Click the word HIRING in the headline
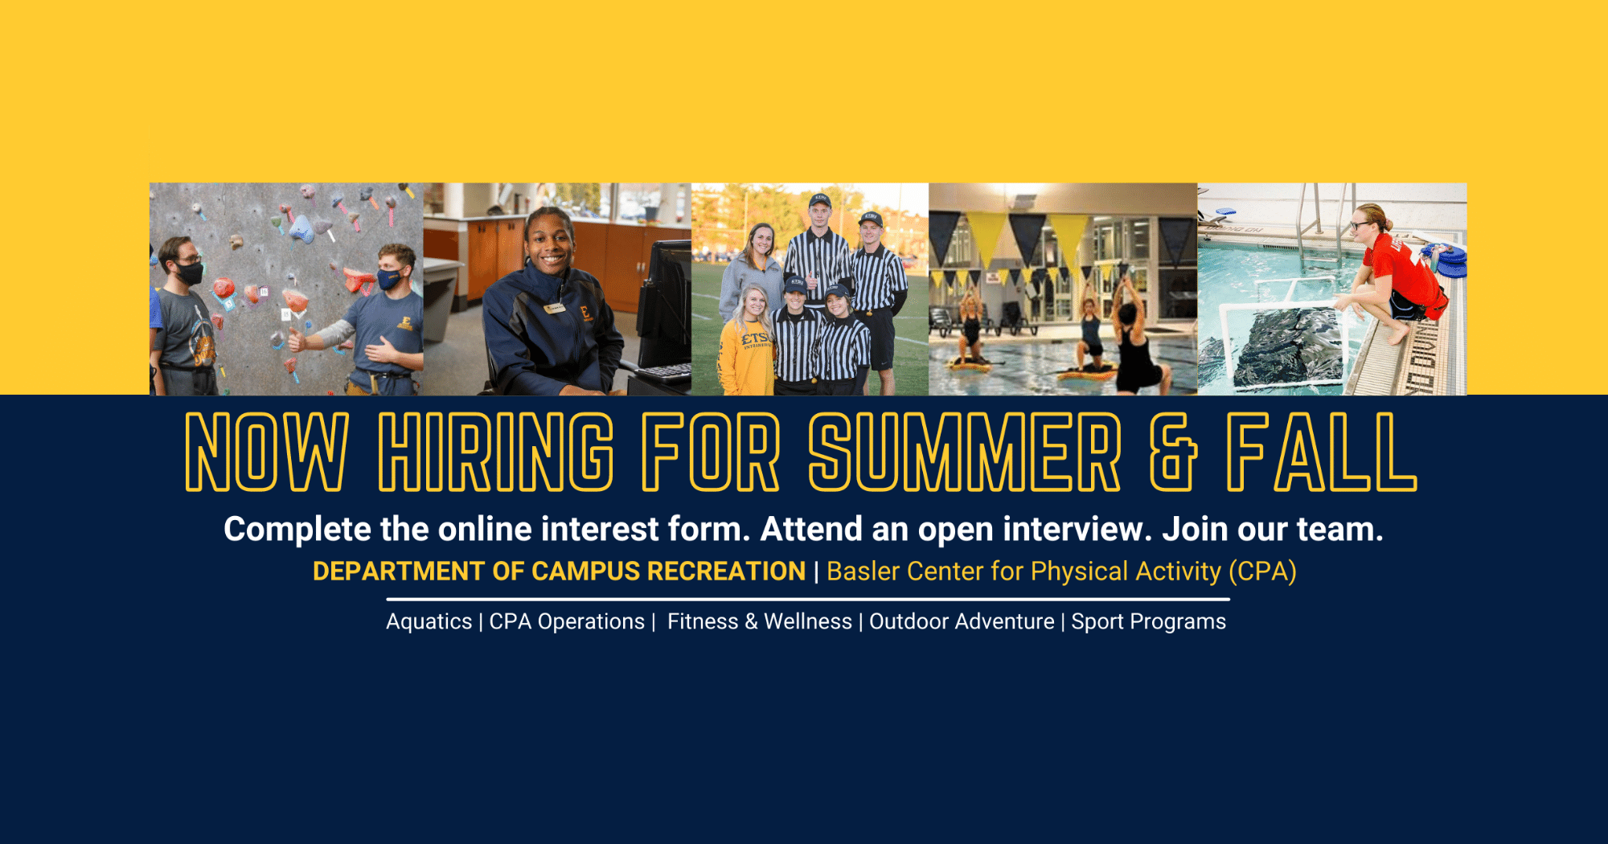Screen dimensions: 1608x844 click(496, 452)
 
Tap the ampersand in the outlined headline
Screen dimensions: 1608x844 click(1173, 452)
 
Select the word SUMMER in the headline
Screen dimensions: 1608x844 click(965, 452)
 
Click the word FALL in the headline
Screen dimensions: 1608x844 click(1322, 452)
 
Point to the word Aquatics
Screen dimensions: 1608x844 click(429, 621)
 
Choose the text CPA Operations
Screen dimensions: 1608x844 click(567, 621)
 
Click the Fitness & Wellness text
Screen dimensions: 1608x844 click(760, 621)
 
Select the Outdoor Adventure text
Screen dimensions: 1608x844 click(962, 621)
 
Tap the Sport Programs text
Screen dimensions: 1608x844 click(1148, 621)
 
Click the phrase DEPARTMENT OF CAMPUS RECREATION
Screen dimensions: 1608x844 click(559, 571)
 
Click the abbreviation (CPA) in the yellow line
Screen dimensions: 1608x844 click(1262, 572)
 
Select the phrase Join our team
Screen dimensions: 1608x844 click(1273, 529)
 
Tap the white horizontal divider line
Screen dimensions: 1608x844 click(808, 600)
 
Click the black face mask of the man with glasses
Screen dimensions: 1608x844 click(188, 273)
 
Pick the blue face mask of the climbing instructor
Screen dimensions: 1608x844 click(389, 279)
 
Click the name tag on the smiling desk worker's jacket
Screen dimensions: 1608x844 click(554, 308)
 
